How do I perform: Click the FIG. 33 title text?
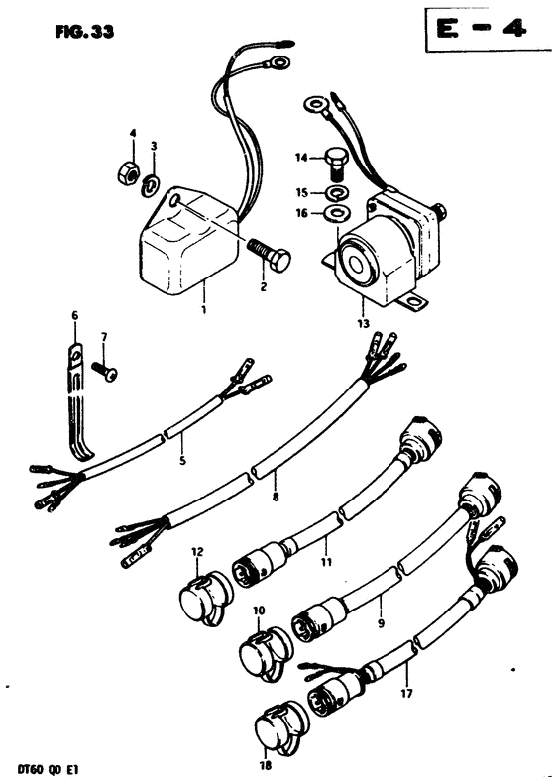pyautogui.click(x=85, y=32)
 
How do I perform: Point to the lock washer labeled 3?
pyautogui.click(x=151, y=186)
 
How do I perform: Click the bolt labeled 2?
pyautogui.click(x=269, y=254)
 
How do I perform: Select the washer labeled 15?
pyautogui.click(x=337, y=192)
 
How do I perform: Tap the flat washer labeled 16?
pyautogui.click(x=337, y=214)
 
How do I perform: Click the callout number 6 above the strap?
pyautogui.click(x=75, y=315)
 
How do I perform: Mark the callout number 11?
pyautogui.click(x=325, y=562)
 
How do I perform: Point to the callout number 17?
pyautogui.click(x=406, y=692)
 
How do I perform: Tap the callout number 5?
pyautogui.click(x=182, y=461)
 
